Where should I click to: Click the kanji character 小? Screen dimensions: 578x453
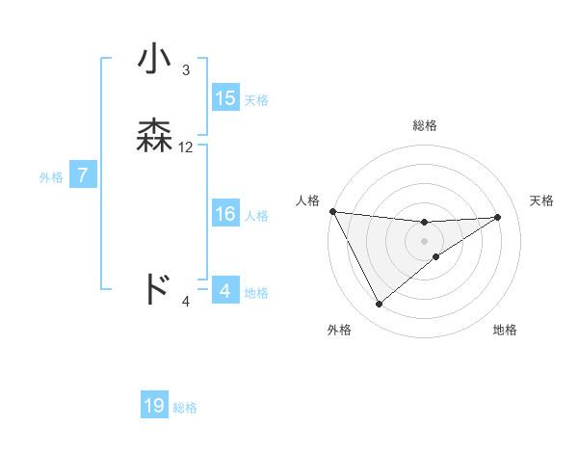pyautogui.click(x=155, y=60)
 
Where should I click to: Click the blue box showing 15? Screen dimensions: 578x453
pyautogui.click(x=224, y=98)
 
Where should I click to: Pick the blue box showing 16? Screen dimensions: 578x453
pyautogui.click(x=224, y=215)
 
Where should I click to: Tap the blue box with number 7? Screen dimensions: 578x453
pyautogui.click(x=83, y=176)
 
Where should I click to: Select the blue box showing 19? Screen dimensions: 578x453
pyautogui.click(x=154, y=407)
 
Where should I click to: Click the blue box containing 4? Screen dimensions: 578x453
pyautogui.click(x=224, y=291)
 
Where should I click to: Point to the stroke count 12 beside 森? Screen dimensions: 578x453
pyautogui.click(x=186, y=147)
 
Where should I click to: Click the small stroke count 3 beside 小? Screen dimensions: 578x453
pyautogui.click(x=185, y=70)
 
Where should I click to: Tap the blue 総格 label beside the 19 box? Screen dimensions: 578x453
pyautogui.click(x=185, y=408)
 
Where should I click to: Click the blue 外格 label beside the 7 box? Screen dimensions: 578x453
pyautogui.click(x=51, y=177)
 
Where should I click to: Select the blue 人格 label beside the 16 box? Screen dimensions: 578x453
pyautogui.click(x=257, y=216)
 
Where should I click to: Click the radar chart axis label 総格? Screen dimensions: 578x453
pyautogui.click(x=425, y=125)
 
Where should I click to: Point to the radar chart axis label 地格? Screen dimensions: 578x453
pyautogui.click(x=505, y=330)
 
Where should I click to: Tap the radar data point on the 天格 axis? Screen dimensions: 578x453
pyautogui.click(x=498, y=217)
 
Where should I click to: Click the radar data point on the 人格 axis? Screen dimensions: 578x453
pyautogui.click(x=332, y=211)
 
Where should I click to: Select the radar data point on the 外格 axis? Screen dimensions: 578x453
pyautogui.click(x=379, y=305)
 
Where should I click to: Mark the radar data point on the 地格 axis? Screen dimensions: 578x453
pyautogui.click(x=436, y=256)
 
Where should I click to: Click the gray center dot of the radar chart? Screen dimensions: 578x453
pyautogui.click(x=425, y=240)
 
